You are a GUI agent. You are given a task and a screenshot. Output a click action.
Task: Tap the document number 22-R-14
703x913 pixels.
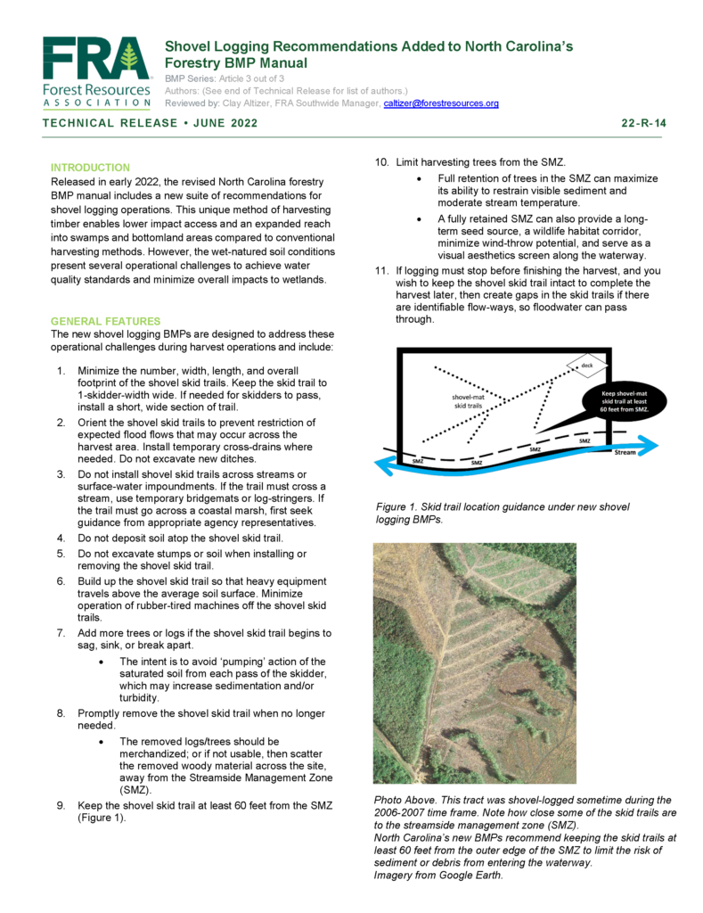[642, 123]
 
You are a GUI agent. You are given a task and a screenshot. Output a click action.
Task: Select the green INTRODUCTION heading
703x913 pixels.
[90, 168]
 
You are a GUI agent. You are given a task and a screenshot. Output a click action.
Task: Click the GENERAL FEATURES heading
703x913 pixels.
[105, 321]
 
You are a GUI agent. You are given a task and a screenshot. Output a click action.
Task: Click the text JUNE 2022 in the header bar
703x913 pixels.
[221, 123]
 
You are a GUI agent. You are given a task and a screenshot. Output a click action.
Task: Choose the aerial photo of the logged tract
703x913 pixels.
[474, 663]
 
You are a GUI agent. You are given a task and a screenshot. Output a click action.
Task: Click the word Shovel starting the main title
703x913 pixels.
[187, 45]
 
